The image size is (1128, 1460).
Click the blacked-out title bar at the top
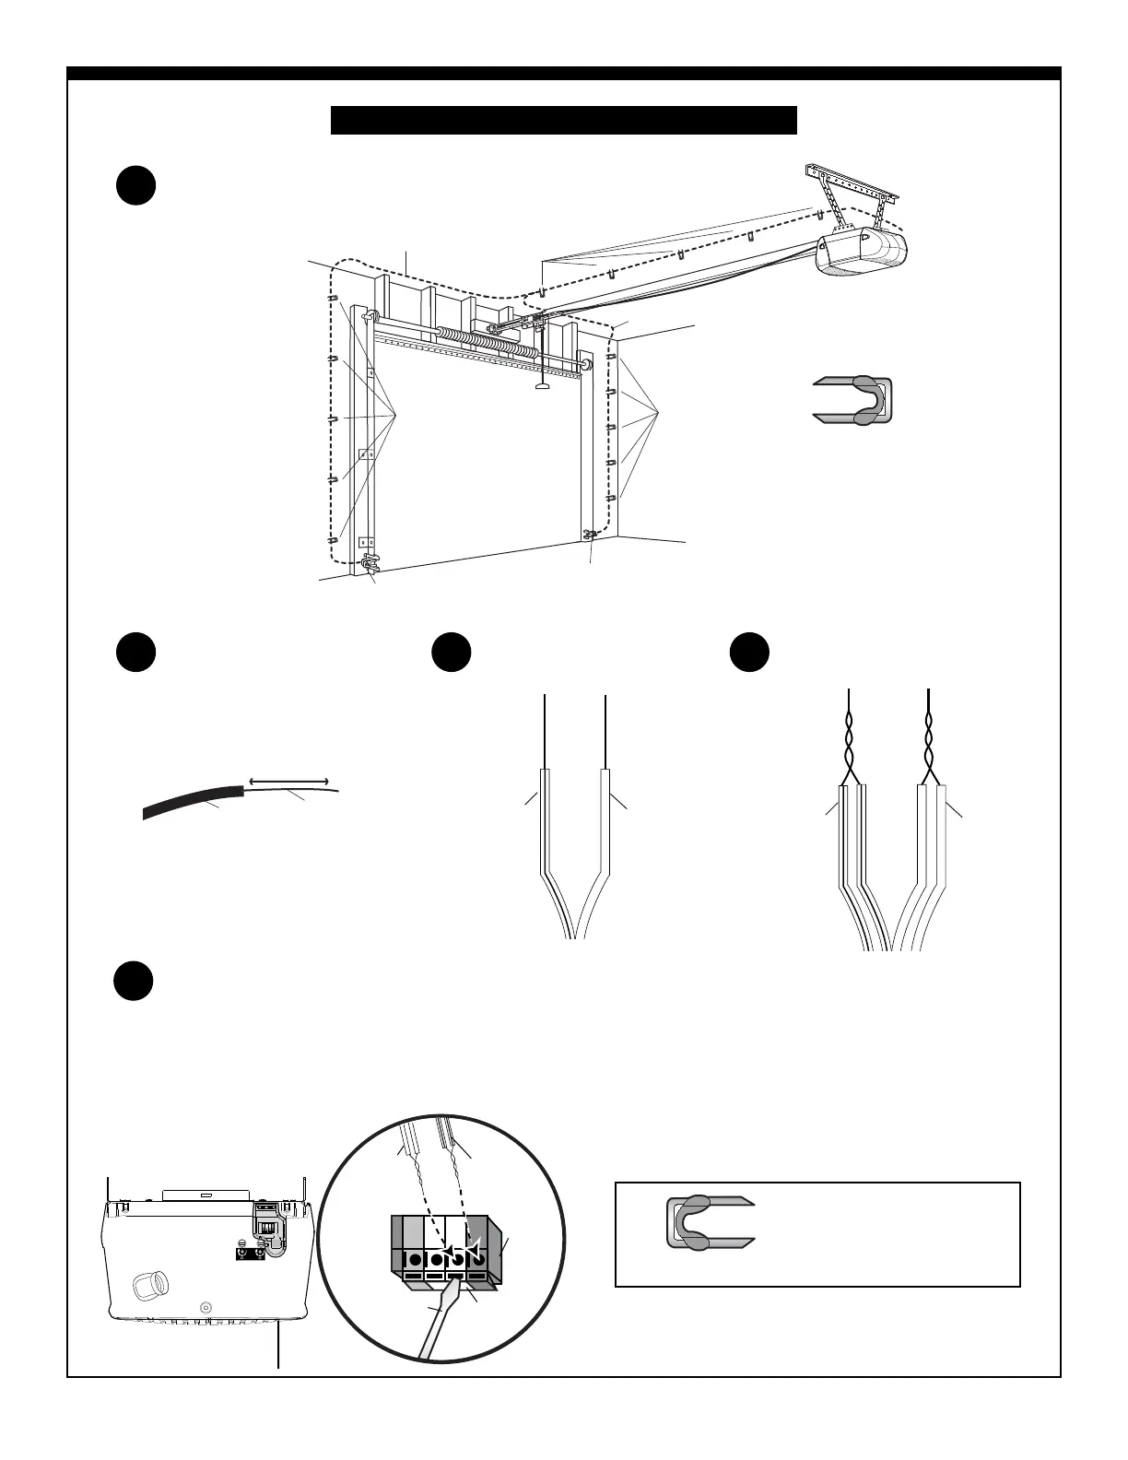tap(563, 120)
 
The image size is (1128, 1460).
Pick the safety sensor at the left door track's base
tap(371, 564)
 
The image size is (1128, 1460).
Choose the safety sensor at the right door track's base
tap(591, 534)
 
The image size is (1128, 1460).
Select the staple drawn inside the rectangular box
tap(709, 1222)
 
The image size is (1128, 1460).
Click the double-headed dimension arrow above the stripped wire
tap(288, 781)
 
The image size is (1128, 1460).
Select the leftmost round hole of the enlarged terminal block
tap(415, 1260)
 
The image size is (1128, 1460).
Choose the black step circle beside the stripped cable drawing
tap(135, 653)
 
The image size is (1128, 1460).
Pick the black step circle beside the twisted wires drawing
tap(749, 653)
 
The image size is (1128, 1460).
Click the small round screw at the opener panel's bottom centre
tap(205, 1307)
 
